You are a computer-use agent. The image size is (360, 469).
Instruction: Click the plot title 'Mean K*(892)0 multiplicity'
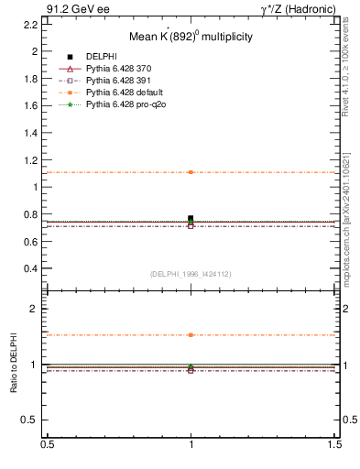(x=190, y=38)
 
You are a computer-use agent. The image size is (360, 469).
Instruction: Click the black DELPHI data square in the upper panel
(x=191, y=218)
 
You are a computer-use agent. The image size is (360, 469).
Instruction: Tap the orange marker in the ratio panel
(x=191, y=335)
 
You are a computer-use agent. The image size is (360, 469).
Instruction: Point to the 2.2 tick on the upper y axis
(x=31, y=25)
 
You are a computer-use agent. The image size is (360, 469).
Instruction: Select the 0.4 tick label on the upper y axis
(x=31, y=268)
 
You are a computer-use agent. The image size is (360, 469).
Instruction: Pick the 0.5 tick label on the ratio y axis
(x=31, y=420)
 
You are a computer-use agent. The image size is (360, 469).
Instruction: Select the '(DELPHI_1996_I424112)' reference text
(x=190, y=273)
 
